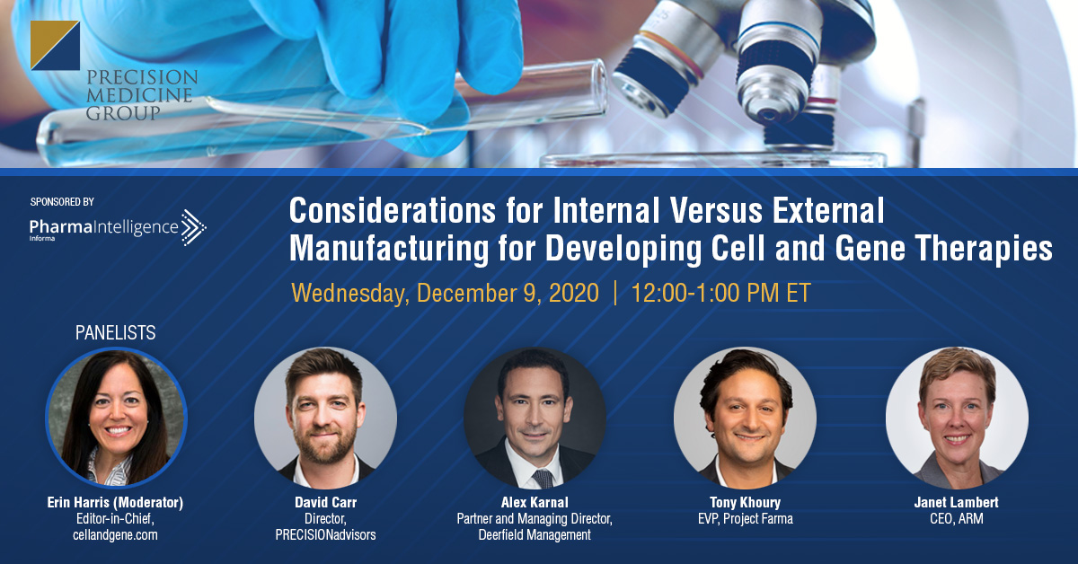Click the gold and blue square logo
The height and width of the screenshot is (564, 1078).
tap(55, 45)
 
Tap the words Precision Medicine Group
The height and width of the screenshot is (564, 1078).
tap(142, 95)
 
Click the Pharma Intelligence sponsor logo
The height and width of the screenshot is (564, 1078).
tap(118, 227)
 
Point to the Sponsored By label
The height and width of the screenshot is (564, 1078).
tap(62, 202)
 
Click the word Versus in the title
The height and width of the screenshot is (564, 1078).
tap(716, 210)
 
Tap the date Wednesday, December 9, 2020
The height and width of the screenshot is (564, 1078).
tap(446, 293)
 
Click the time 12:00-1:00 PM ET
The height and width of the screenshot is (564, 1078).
tap(720, 293)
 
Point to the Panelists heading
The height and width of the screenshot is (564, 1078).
tap(116, 333)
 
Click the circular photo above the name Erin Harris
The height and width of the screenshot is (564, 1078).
tap(116, 418)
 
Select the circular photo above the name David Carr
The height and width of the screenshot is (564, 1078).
tap(326, 418)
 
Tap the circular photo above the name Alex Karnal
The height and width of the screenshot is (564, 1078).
tap(535, 418)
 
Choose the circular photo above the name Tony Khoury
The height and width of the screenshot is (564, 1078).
tap(745, 418)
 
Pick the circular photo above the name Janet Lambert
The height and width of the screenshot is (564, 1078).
tap(958, 418)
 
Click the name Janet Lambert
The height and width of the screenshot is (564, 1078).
tap(956, 502)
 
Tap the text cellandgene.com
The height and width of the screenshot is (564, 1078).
tap(116, 535)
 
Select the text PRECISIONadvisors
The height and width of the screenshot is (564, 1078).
tap(326, 534)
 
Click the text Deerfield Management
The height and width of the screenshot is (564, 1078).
tap(535, 534)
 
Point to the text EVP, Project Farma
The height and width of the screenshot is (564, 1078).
tap(746, 519)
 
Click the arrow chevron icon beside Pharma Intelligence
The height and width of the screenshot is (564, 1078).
tap(193, 227)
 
